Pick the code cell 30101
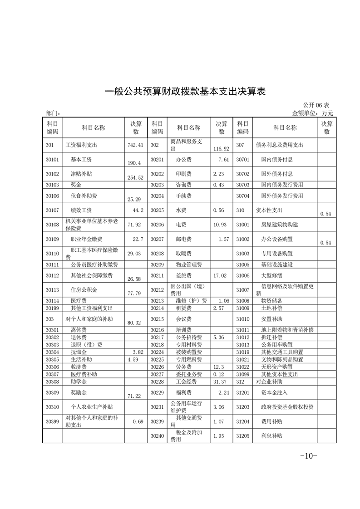point(52,159)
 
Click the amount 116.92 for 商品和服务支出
point(222,148)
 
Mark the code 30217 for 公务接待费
point(157,338)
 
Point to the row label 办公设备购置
point(277,239)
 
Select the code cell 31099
point(243,374)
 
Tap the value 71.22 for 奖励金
point(135,396)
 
